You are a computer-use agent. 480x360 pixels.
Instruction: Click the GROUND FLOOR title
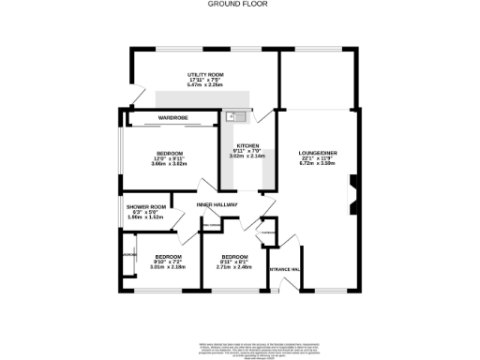click(x=239, y=5)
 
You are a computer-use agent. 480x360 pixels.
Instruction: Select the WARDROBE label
click(x=172, y=117)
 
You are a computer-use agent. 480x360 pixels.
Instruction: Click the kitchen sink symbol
click(x=234, y=116)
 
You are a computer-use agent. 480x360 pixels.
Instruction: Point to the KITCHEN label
click(x=247, y=145)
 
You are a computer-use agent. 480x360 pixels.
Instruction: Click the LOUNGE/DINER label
click(x=317, y=152)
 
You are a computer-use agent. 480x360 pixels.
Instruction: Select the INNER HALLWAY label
click(x=217, y=204)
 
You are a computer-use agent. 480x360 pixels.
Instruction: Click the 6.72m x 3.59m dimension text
click(x=317, y=163)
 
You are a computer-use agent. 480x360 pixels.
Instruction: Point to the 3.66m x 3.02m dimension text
click(x=170, y=164)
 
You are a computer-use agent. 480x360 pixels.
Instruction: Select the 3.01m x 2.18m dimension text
click(x=168, y=267)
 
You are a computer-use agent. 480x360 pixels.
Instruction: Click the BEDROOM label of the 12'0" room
click(x=170, y=153)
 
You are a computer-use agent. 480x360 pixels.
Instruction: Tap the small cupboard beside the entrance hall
click(x=268, y=232)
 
